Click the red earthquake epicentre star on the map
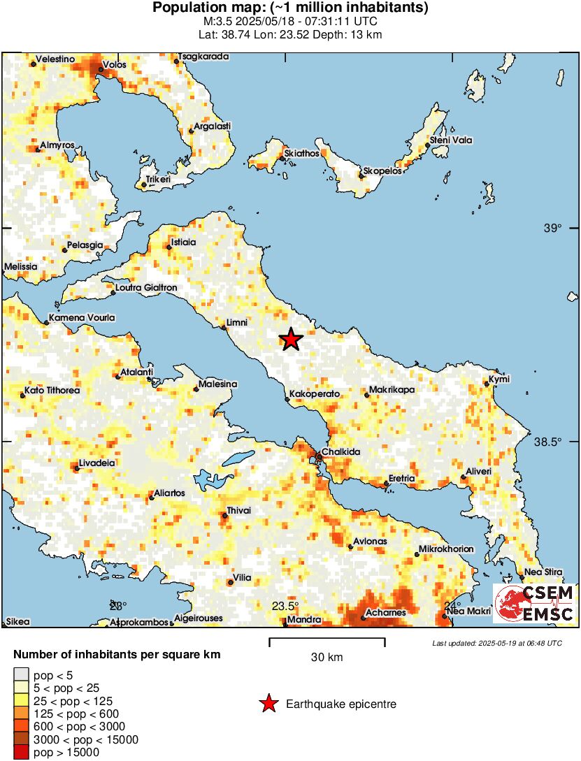point(291,340)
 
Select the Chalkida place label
point(340,452)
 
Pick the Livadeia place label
point(97,463)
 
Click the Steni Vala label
point(450,140)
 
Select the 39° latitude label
point(553,228)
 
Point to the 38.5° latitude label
point(548,442)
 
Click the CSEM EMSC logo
point(534,604)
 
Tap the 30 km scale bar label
point(327,657)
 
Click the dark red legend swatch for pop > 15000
point(21,752)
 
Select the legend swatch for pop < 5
point(21,675)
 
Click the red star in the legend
point(268,704)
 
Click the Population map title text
point(290,8)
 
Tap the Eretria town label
point(402,479)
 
